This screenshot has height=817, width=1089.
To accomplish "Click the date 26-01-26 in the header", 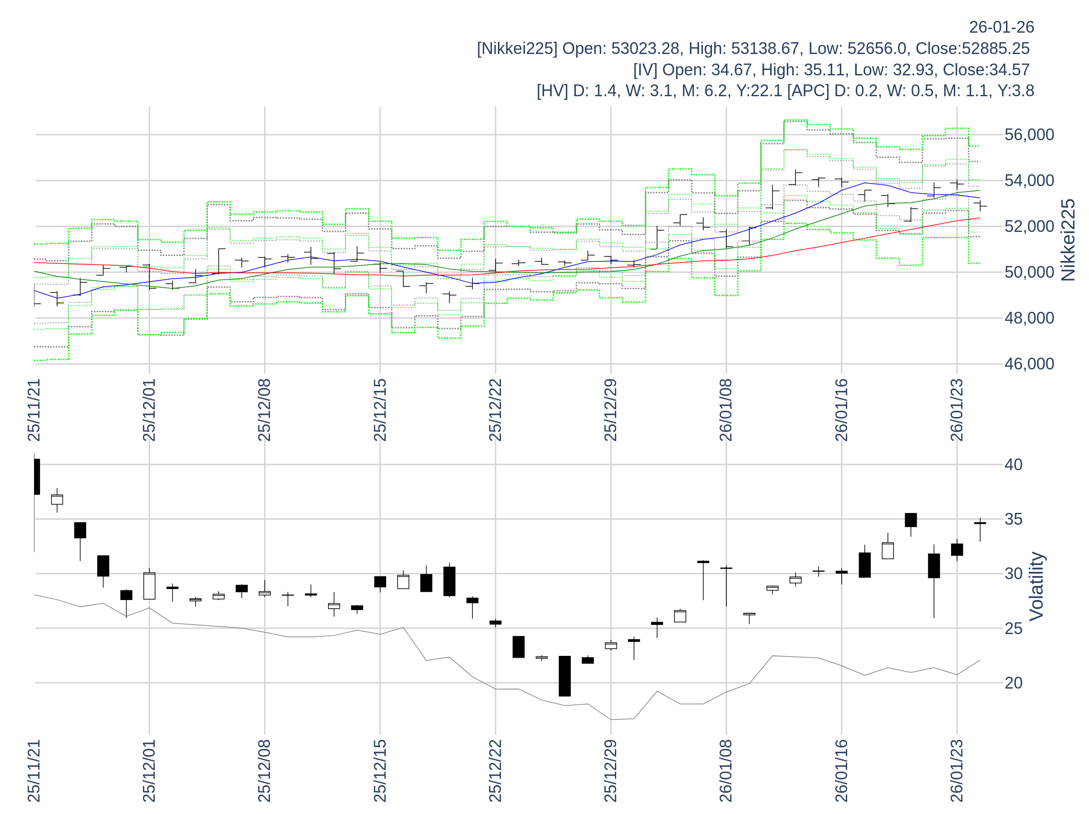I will click(1001, 27).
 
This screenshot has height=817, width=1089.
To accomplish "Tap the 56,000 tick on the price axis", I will click(1029, 135).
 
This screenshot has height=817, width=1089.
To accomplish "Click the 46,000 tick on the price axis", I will click(1029, 364).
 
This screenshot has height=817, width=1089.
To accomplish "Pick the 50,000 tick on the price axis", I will click(1029, 272).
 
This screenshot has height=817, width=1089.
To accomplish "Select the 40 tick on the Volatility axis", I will click(1014, 464).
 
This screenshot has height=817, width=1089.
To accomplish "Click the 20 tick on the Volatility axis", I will click(1014, 683).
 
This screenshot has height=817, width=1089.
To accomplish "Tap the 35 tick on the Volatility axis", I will click(1014, 519).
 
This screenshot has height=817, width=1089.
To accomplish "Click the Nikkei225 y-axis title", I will click(1068, 240).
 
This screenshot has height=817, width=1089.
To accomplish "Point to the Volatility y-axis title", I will click(1036, 586).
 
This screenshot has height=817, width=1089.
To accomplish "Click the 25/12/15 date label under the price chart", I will click(380, 410).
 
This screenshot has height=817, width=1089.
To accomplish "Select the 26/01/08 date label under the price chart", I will click(726, 410).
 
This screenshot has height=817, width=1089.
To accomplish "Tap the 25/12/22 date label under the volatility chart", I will click(495, 770).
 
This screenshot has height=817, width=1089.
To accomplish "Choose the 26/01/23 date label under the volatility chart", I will click(957, 770).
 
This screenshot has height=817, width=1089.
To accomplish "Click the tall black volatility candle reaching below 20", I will click(564, 676).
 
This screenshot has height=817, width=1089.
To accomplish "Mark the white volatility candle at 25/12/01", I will click(149, 586).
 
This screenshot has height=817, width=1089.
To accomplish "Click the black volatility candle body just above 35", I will click(911, 520).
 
